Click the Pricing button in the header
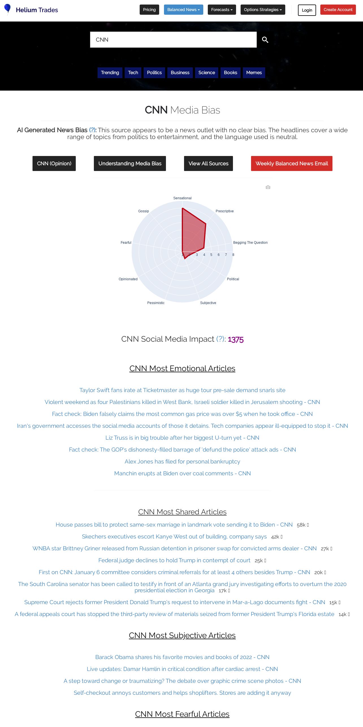[149, 10]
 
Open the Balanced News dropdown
[183, 10]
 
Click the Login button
[307, 10]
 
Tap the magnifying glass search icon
[265, 40]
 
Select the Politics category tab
[154, 72]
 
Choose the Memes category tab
[254, 72]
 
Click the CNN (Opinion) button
[54, 163]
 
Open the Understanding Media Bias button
[130, 163]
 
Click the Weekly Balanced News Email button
[291, 163]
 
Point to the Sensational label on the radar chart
[182, 198]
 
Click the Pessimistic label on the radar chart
[156, 303]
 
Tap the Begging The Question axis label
[250, 243]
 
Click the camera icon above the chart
[268, 187]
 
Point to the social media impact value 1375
[235, 339]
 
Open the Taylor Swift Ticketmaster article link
[182, 390]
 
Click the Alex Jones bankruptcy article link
[182, 461]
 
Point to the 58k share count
[301, 525]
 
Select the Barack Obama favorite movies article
[182, 657]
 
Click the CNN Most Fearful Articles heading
[182, 714]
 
